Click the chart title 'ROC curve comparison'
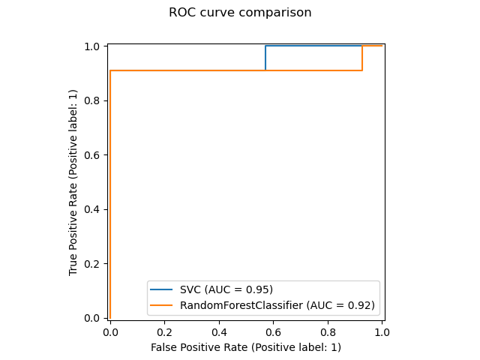coord(240,13)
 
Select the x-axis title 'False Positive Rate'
coord(245,347)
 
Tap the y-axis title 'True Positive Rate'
coord(73,182)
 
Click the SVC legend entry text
coord(226,289)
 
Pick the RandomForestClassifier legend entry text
coord(276,305)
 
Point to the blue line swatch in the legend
coord(163,289)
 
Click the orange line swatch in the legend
coord(163,305)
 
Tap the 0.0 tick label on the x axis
coord(110,331)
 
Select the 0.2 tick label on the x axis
coord(164,331)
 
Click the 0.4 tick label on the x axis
coord(219,331)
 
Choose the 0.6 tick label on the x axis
coord(273,331)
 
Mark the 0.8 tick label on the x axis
coord(328,331)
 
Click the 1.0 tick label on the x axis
coord(382,331)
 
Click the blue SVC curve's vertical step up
coord(265,58)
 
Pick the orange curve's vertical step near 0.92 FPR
coord(362,58)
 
